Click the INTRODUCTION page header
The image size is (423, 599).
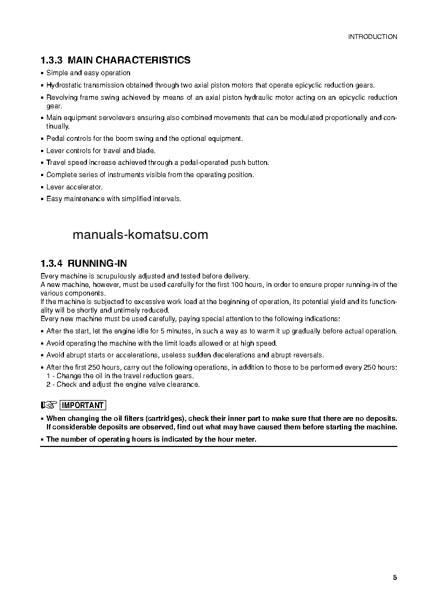(x=372, y=37)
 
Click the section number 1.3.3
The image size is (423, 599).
(x=52, y=60)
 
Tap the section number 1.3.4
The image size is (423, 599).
(x=52, y=263)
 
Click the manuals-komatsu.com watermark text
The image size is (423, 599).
(x=140, y=235)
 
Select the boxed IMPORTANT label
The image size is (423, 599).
(x=83, y=405)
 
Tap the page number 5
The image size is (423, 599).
(x=395, y=563)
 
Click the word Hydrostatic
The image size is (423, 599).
(x=63, y=85)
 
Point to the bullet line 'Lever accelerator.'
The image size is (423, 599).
(x=74, y=187)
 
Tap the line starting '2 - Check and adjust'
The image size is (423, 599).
(x=123, y=384)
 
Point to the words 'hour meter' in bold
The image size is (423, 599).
(x=238, y=440)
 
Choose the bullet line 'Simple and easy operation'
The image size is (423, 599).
(x=88, y=73)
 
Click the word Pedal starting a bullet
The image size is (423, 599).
(x=55, y=139)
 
